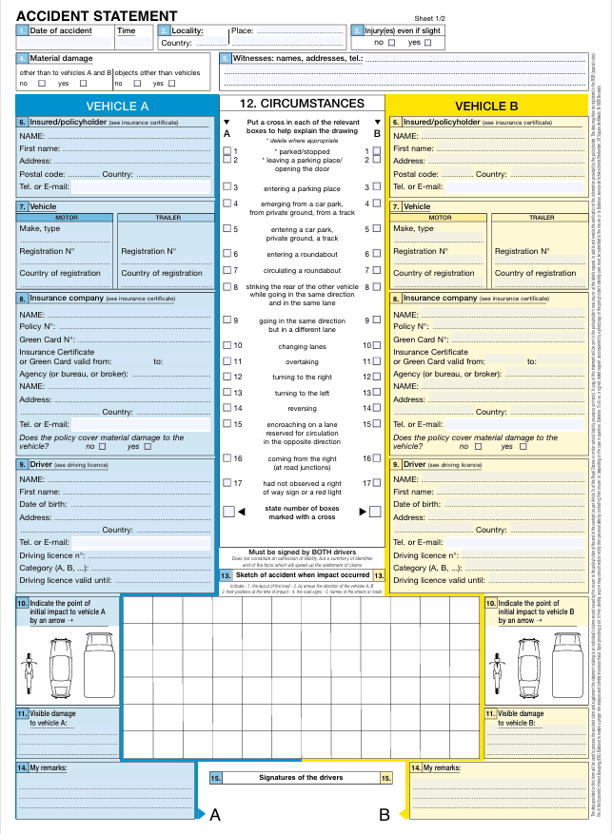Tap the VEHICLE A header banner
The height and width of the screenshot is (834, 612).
pyautogui.click(x=117, y=106)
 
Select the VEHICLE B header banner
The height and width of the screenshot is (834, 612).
pyautogui.click(x=486, y=106)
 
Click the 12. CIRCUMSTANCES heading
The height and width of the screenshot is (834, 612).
pyautogui.click(x=302, y=103)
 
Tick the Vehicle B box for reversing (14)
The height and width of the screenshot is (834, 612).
pyautogui.click(x=377, y=407)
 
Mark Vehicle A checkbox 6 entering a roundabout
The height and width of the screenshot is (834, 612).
pyautogui.click(x=227, y=254)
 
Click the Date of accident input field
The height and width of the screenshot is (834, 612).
pyautogui.click(x=63, y=43)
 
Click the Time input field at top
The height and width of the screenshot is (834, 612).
pyautogui.click(x=132, y=43)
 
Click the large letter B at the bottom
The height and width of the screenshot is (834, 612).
pyautogui.click(x=385, y=815)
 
